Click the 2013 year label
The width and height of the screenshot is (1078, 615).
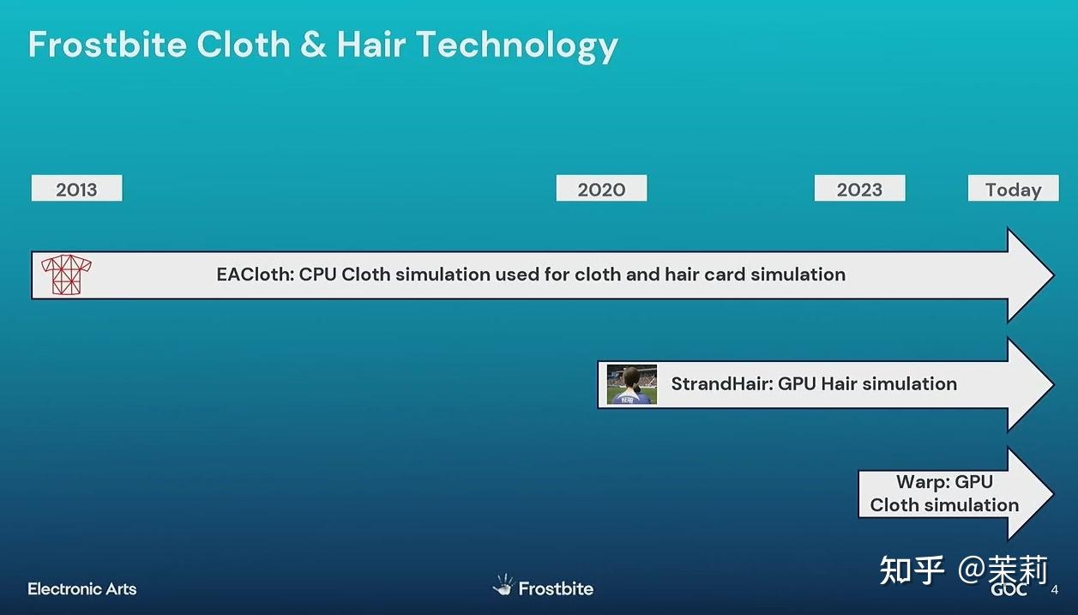pos(76,188)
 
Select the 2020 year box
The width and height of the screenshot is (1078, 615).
pos(601,188)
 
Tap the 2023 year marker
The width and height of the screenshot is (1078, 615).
pos(859,188)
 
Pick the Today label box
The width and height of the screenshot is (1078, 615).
pos(1013,188)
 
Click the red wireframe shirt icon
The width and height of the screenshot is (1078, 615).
pos(66,274)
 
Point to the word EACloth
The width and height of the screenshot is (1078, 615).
pos(255,274)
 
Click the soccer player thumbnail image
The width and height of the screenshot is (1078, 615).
pos(632,384)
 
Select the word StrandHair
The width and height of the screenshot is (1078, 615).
pos(722,384)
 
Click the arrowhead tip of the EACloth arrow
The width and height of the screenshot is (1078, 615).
pos(1054,275)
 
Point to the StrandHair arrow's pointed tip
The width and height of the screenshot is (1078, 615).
pos(1054,384)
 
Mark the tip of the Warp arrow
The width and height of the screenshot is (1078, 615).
pos(1054,494)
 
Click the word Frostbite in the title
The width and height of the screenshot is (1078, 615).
pos(107,45)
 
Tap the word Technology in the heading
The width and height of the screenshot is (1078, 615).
pos(517,46)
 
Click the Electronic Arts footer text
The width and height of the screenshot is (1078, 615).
pos(81,589)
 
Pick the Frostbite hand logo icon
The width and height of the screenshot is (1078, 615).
pos(503,585)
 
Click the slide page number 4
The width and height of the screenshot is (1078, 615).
pos(1055,590)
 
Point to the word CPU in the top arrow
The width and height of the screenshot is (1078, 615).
pos(317,274)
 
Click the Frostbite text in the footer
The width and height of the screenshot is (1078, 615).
pos(556,589)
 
